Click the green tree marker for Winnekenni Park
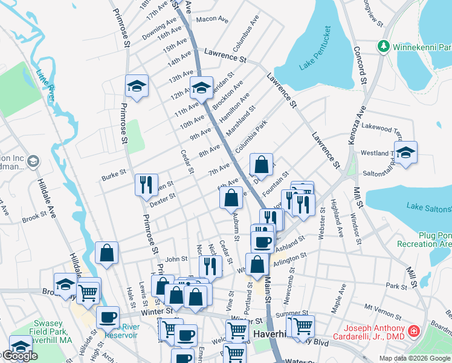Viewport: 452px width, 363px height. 383,47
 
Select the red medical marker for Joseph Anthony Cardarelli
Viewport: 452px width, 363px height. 414,332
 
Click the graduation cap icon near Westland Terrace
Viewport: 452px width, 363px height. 406,152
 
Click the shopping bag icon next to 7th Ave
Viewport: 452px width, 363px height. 261,164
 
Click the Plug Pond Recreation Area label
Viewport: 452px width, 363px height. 424,239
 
